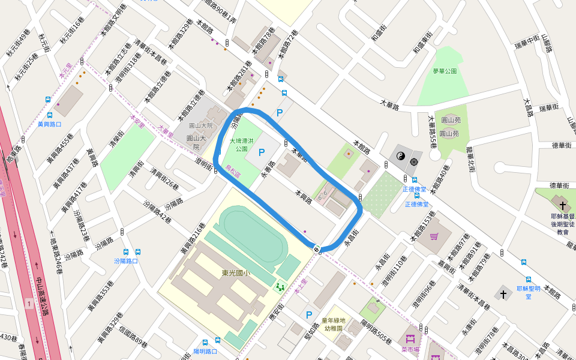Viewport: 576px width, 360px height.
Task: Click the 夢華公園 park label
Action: [445, 71]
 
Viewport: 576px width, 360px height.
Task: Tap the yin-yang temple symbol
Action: [401, 156]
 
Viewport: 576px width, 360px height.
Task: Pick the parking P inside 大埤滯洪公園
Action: [261, 154]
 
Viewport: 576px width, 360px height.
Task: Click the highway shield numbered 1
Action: [29, 305]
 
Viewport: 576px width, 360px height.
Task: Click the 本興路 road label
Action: [303, 196]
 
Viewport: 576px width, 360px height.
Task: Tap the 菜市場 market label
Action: [410, 349]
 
